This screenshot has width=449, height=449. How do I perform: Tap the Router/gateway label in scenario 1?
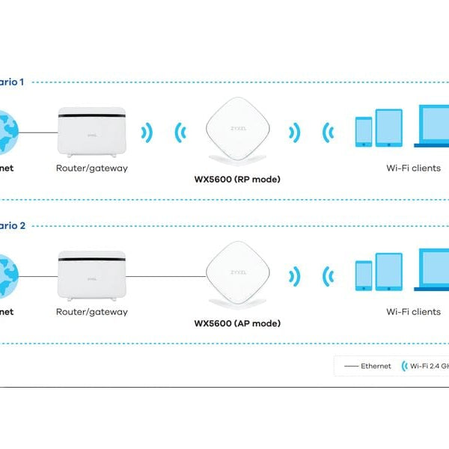coord(92,168)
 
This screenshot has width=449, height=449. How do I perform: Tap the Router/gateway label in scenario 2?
coord(92,311)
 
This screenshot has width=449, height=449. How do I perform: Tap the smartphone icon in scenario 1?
coord(363,132)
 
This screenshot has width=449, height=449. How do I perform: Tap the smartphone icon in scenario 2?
coord(363,275)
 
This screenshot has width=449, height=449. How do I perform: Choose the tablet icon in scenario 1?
coord(389,128)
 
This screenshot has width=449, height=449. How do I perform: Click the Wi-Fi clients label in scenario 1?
coord(413,168)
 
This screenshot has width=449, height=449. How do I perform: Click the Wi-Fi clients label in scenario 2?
coord(413,311)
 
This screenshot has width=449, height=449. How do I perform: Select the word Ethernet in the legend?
coord(376,366)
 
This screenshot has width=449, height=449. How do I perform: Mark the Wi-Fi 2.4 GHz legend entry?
coord(427,366)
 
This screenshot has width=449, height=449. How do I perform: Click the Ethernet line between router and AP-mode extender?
coord(166,275)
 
